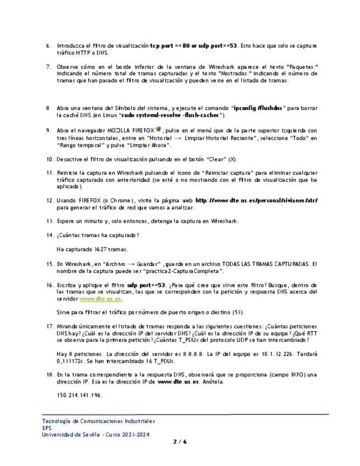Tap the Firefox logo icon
pyautogui.click(x=158, y=130)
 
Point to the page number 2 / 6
pyautogui.click(x=180, y=441)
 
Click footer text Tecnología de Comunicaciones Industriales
pyautogui.click(x=98, y=421)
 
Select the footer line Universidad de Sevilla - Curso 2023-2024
pyautogui.click(x=95, y=435)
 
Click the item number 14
pyautogui.click(x=49, y=235)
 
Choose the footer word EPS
pyautogui.click(x=47, y=428)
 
